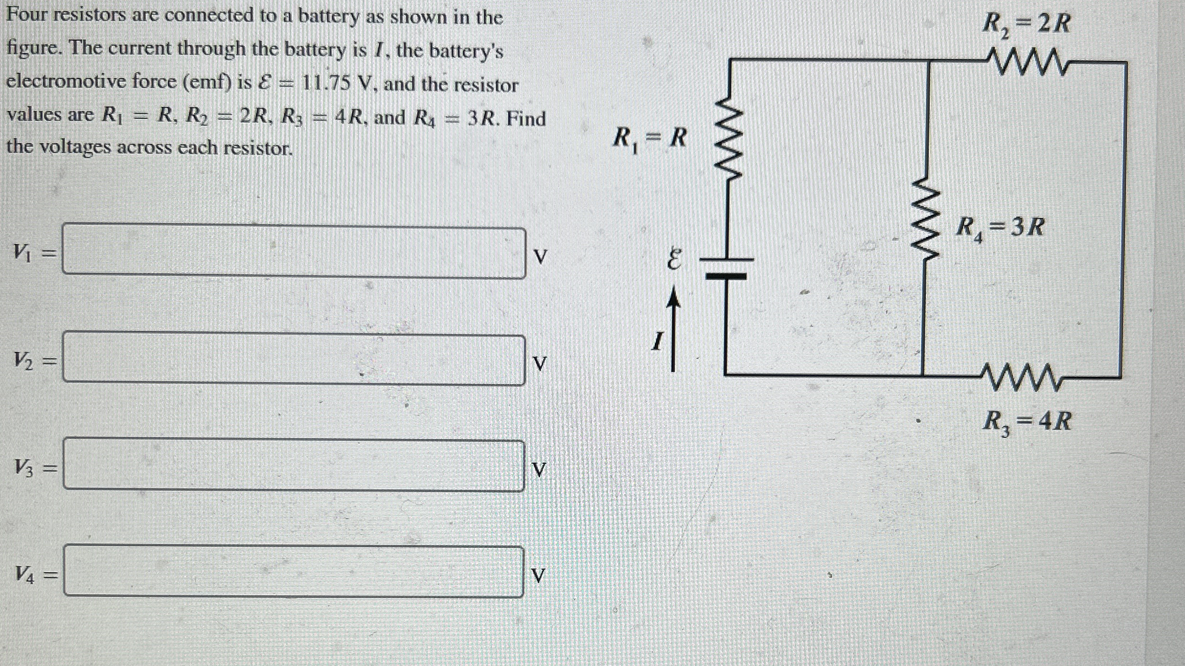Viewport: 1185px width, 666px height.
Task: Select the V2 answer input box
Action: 293,360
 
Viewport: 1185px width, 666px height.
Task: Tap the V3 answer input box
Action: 293,466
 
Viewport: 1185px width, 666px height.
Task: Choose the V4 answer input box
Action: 293,572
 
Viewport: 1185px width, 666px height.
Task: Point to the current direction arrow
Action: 673,330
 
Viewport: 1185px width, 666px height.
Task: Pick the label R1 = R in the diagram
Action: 649,139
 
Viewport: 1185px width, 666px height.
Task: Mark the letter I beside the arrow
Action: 657,342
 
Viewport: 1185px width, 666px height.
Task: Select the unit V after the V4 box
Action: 539,575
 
